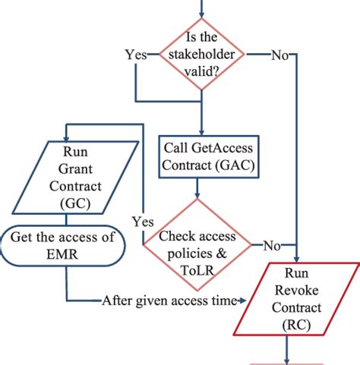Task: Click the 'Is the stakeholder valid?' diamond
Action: [x=201, y=55]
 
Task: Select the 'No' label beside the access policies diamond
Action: [x=272, y=244]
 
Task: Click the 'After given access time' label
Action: [x=169, y=301]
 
